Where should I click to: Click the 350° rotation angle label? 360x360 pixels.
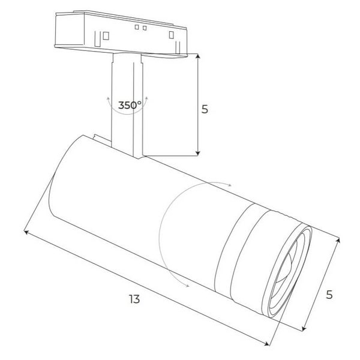click(x=130, y=105)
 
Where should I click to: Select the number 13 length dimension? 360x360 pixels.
click(x=134, y=299)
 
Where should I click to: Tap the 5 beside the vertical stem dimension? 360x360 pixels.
click(x=205, y=109)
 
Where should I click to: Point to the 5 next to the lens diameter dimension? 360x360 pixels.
click(x=329, y=295)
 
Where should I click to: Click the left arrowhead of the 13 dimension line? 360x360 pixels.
click(x=26, y=232)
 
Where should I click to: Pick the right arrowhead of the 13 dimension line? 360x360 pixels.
click(x=266, y=344)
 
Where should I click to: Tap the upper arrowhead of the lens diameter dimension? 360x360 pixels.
click(x=338, y=240)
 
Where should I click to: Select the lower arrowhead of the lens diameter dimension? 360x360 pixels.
click(x=304, y=329)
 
